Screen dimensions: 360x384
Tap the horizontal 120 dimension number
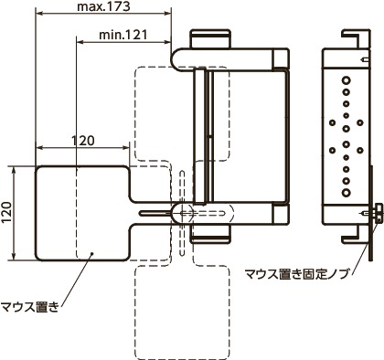[x=82, y=141]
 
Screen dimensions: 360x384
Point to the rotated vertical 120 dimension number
[x=8, y=212]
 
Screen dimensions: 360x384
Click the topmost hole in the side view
[x=347, y=79]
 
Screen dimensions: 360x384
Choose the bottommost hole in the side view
[x=347, y=195]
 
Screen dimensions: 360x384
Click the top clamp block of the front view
[x=210, y=39]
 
